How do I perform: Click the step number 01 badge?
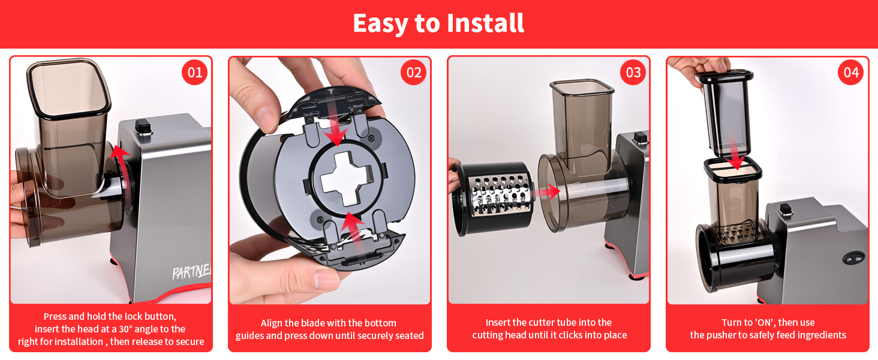(195, 72)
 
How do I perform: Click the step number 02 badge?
(414, 72)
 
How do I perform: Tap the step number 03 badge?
(633, 72)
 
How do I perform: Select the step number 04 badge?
(851, 72)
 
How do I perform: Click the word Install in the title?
(485, 23)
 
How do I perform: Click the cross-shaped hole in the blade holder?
(345, 179)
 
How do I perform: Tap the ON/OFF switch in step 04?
(853, 259)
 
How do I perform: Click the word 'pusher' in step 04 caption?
(720, 335)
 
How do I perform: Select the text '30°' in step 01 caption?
(126, 329)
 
